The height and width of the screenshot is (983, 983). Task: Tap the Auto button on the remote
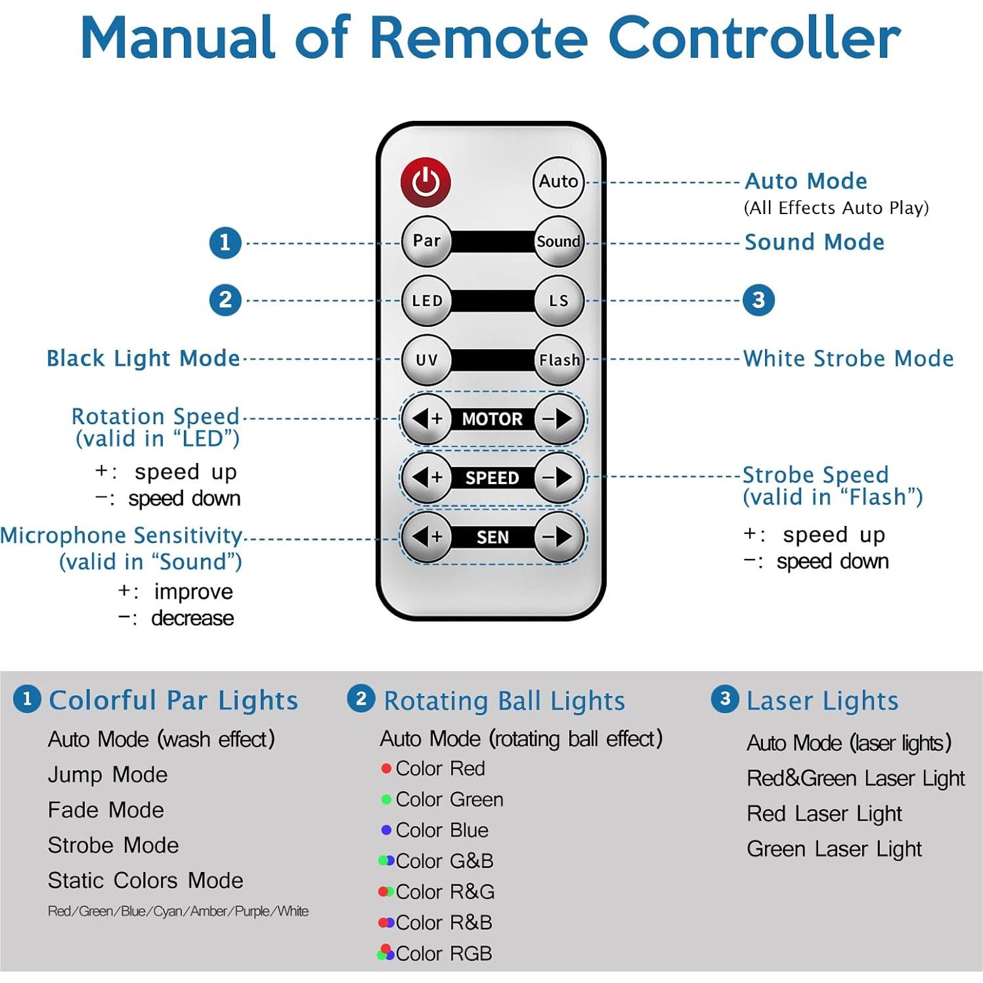click(558, 181)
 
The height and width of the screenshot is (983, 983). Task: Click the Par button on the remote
click(427, 241)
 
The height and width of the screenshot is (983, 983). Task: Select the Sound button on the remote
click(558, 241)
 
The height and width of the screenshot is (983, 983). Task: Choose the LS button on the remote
click(558, 301)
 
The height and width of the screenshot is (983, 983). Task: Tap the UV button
click(427, 360)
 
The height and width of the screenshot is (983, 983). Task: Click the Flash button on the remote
click(559, 360)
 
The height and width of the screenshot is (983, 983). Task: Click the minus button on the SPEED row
click(558, 477)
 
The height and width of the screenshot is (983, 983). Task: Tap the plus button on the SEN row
click(427, 537)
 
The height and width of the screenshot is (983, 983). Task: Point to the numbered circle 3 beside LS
click(758, 300)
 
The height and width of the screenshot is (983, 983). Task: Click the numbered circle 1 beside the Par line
click(225, 242)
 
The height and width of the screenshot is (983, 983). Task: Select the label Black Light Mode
click(143, 359)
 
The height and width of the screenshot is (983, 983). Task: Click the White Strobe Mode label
click(848, 359)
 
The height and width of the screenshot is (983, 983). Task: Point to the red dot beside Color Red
click(386, 768)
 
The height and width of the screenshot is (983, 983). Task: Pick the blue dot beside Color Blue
click(386, 830)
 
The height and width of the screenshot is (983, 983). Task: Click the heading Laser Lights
click(822, 701)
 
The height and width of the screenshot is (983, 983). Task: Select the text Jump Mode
click(108, 775)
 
